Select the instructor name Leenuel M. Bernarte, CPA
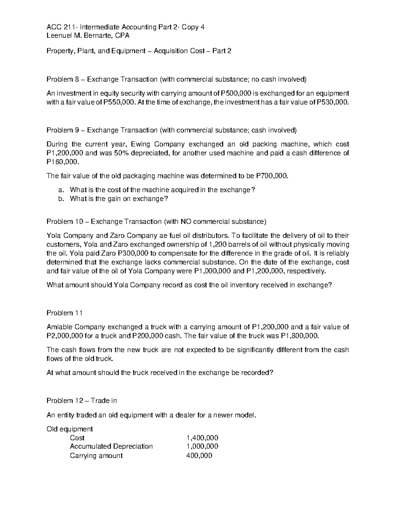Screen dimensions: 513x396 (88, 36)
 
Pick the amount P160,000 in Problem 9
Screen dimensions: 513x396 (63, 162)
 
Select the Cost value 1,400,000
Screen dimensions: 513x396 (202, 438)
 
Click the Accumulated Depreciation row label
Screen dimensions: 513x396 (111, 446)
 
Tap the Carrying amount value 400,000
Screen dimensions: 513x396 (199, 456)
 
